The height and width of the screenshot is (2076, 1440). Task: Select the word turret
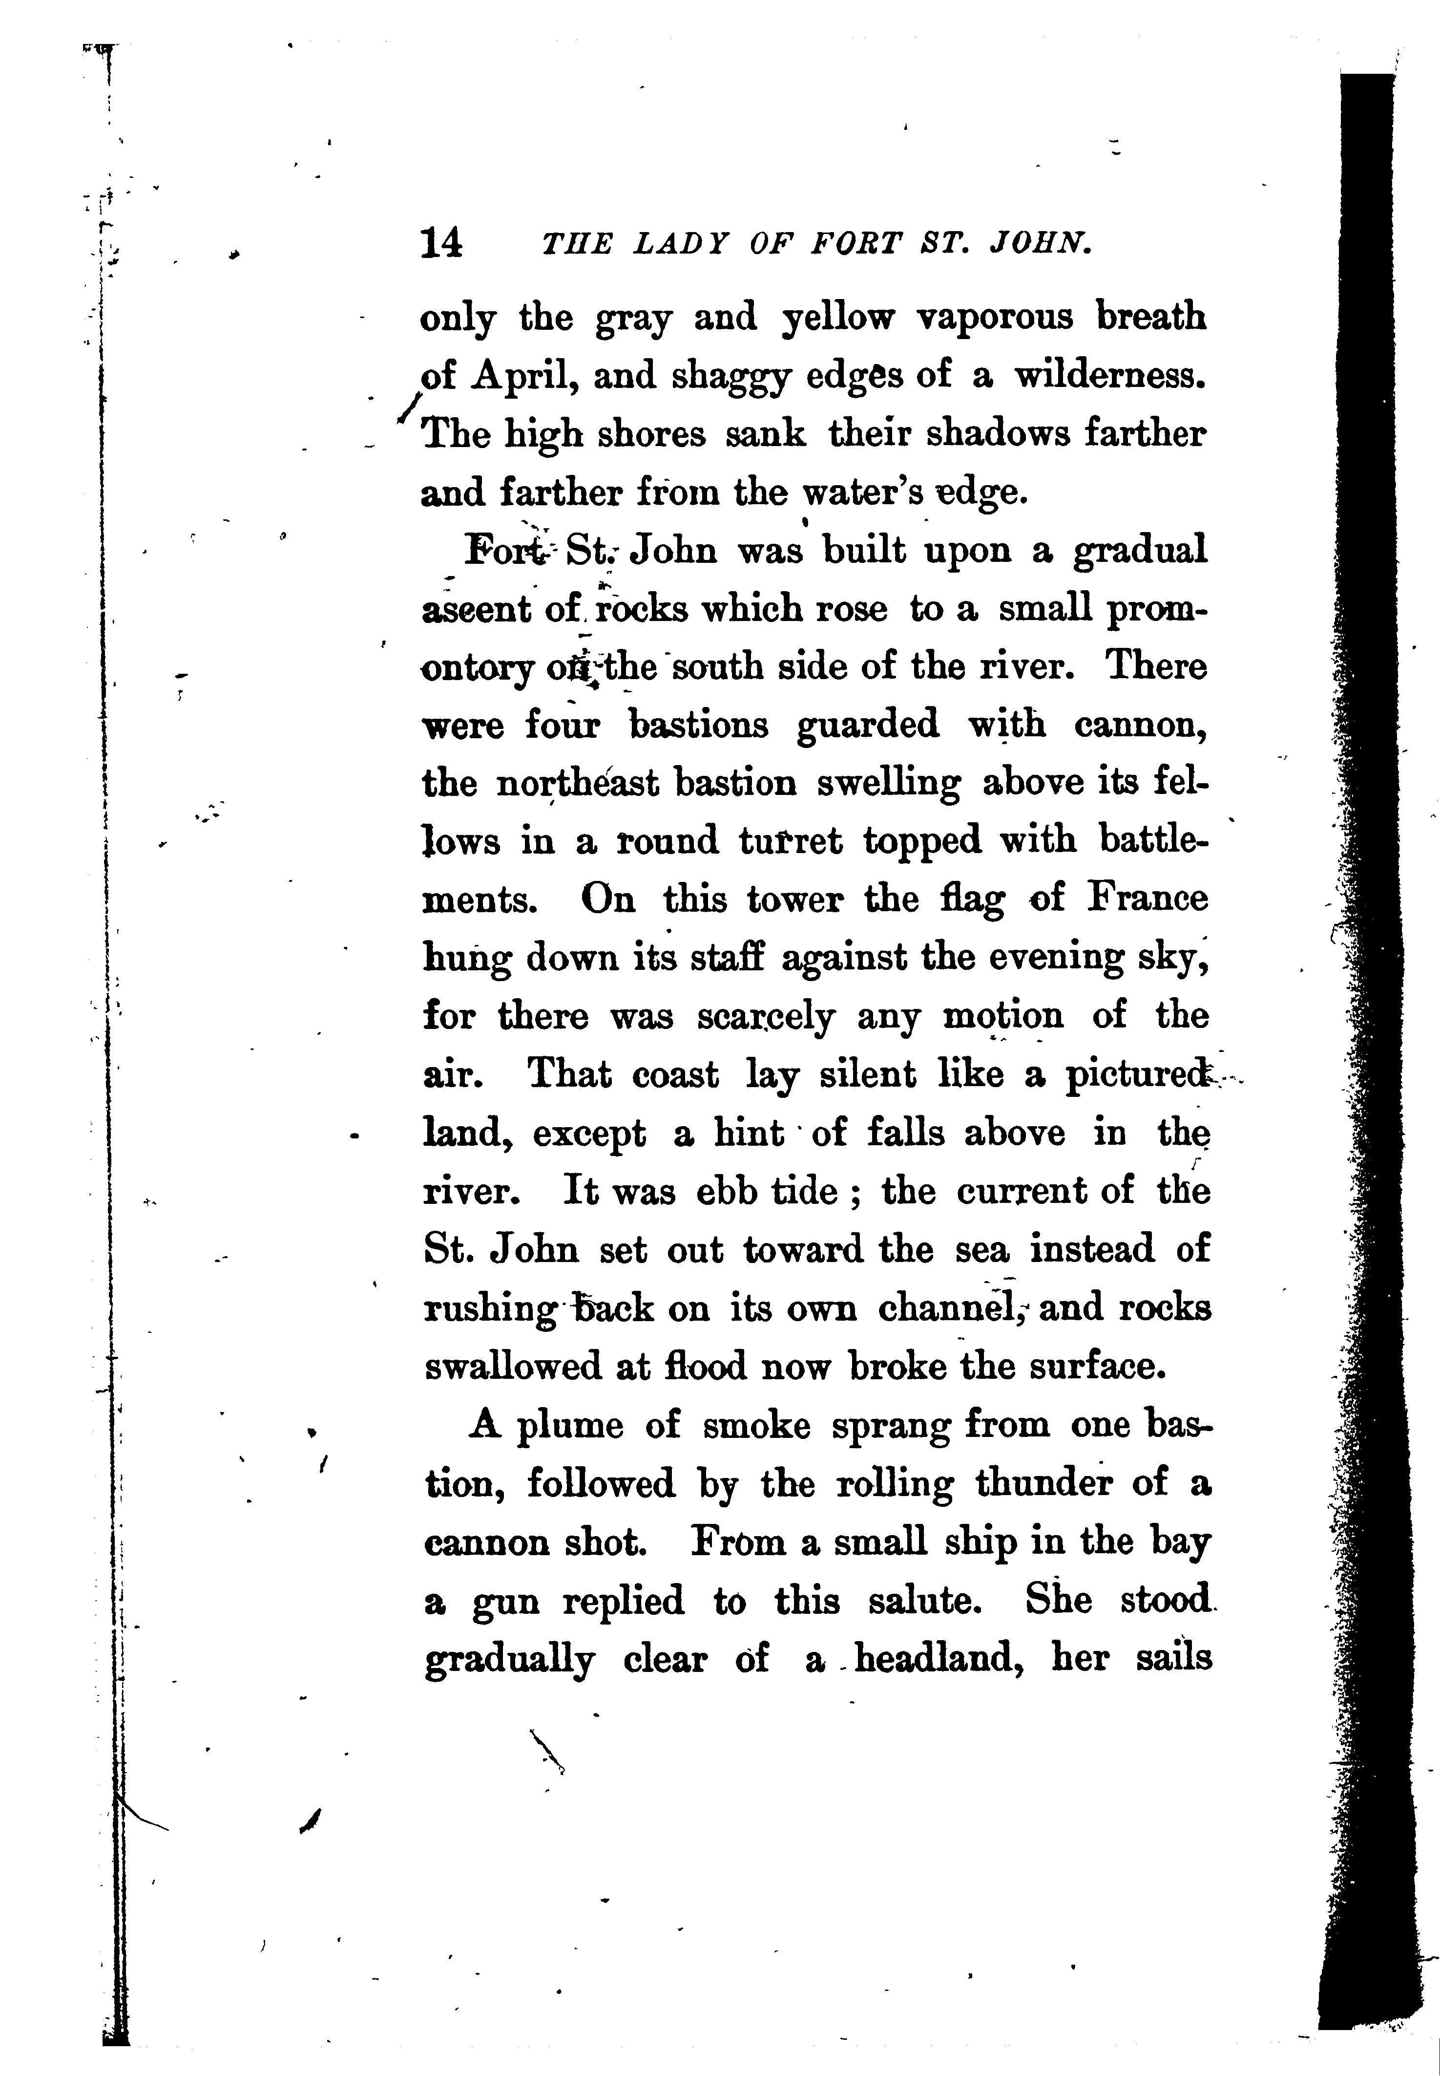point(791,841)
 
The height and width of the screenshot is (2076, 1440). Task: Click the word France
point(1148,899)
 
